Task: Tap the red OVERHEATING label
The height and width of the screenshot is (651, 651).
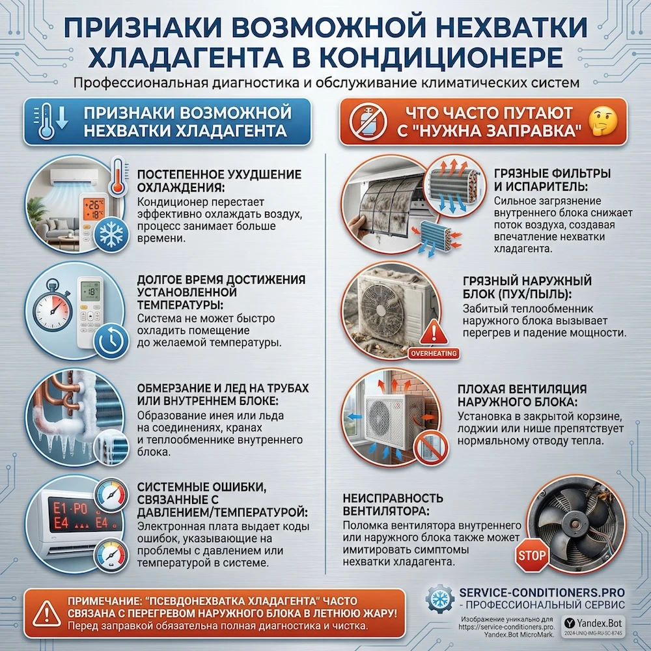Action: pos(435,354)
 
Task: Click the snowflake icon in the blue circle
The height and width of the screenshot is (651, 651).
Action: pos(111,234)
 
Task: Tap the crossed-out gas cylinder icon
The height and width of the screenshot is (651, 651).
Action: pos(363,121)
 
